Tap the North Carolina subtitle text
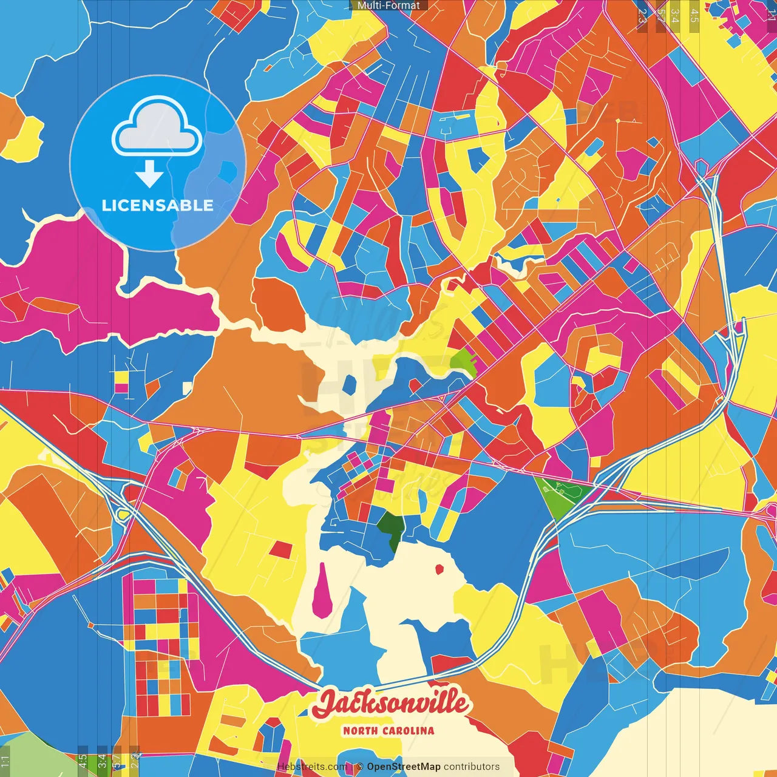pos(388,730)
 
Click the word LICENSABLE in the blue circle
pos(157,205)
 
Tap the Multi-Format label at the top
pos(388,5)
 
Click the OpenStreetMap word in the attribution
pos(403,767)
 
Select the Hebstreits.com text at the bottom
pos(304,767)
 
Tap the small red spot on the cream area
pos(439,569)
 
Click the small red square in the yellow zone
pos(280,549)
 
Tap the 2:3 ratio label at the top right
pos(642,16)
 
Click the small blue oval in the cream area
pos(349,384)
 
